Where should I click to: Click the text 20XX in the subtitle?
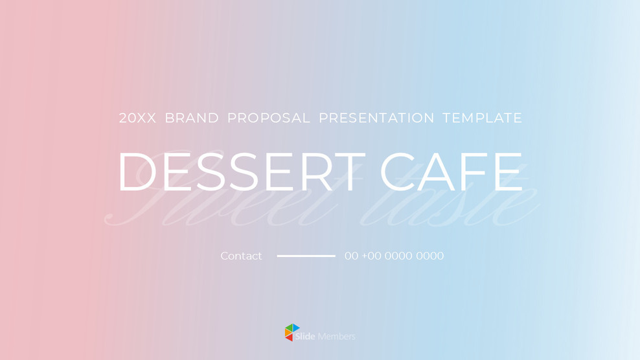click(x=137, y=118)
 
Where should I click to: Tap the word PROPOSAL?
click(x=269, y=118)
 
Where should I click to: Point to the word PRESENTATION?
click(x=376, y=118)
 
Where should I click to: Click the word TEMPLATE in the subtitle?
click(x=483, y=118)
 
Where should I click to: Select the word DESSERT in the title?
click(x=241, y=172)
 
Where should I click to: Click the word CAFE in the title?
click(x=451, y=172)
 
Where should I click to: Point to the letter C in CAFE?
click(x=401, y=172)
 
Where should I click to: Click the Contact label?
click(x=241, y=256)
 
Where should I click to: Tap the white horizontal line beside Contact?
click(x=306, y=256)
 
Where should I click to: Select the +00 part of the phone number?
click(x=371, y=256)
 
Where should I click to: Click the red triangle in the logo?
click(x=289, y=337)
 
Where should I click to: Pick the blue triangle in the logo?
click(x=296, y=328)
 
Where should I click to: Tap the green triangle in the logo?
click(x=289, y=328)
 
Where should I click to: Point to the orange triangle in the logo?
click(x=288, y=332)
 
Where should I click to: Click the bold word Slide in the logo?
click(x=305, y=337)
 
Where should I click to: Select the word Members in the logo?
click(x=336, y=337)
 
